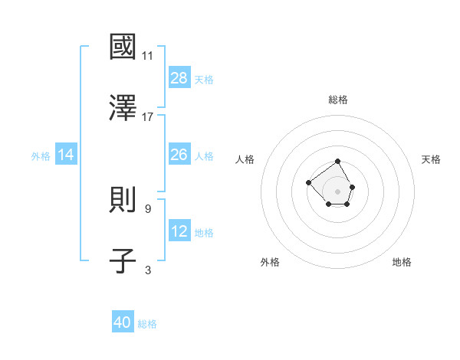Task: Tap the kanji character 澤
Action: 123,108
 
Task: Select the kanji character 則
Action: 123,200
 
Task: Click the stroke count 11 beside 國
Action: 147,56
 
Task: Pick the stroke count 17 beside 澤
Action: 147,116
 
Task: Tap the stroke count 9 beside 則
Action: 147,208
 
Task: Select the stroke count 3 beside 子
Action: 147,270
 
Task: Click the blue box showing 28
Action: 179,77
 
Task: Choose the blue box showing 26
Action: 179,155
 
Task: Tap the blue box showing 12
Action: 179,231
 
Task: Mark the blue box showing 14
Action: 66,155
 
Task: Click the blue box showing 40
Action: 123,322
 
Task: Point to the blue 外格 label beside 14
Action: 41,155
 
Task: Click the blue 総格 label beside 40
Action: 147,324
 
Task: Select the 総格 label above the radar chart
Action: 338,100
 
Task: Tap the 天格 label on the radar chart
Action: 431,159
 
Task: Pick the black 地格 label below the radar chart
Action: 402,262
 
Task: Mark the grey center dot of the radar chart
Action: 338,191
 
